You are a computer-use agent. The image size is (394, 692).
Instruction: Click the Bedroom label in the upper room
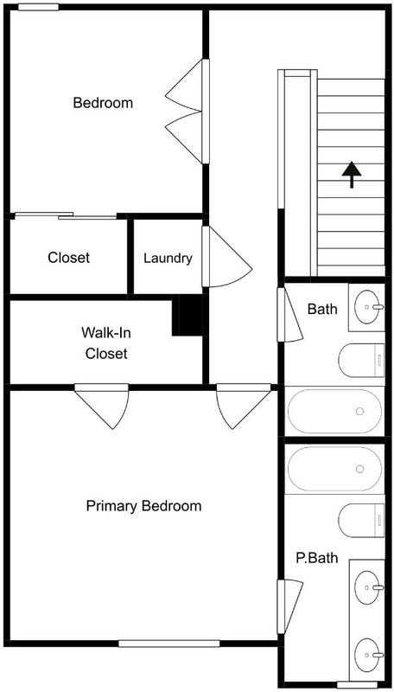point(103,103)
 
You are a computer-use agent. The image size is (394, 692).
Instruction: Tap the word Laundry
point(168,259)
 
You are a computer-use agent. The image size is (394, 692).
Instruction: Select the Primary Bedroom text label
point(143,506)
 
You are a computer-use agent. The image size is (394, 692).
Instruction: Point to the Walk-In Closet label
point(106,343)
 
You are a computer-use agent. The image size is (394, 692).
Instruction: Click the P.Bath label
point(317,558)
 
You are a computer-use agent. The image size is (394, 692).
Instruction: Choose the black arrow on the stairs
point(352,175)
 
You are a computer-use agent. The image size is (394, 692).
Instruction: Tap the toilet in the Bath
point(361,361)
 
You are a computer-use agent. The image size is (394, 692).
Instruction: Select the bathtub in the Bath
point(335,412)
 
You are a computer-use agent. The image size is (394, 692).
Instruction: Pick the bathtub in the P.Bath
point(335,469)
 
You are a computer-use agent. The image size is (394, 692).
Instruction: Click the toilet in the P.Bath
point(361,521)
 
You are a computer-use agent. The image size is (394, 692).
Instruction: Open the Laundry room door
point(227,256)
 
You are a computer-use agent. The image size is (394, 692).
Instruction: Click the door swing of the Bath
point(290,314)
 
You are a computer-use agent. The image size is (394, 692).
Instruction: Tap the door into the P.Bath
point(290,607)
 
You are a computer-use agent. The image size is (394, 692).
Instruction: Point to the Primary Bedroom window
point(169,644)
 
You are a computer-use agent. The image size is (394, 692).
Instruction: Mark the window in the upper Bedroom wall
point(38,7)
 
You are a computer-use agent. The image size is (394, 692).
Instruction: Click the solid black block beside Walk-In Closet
point(187,315)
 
